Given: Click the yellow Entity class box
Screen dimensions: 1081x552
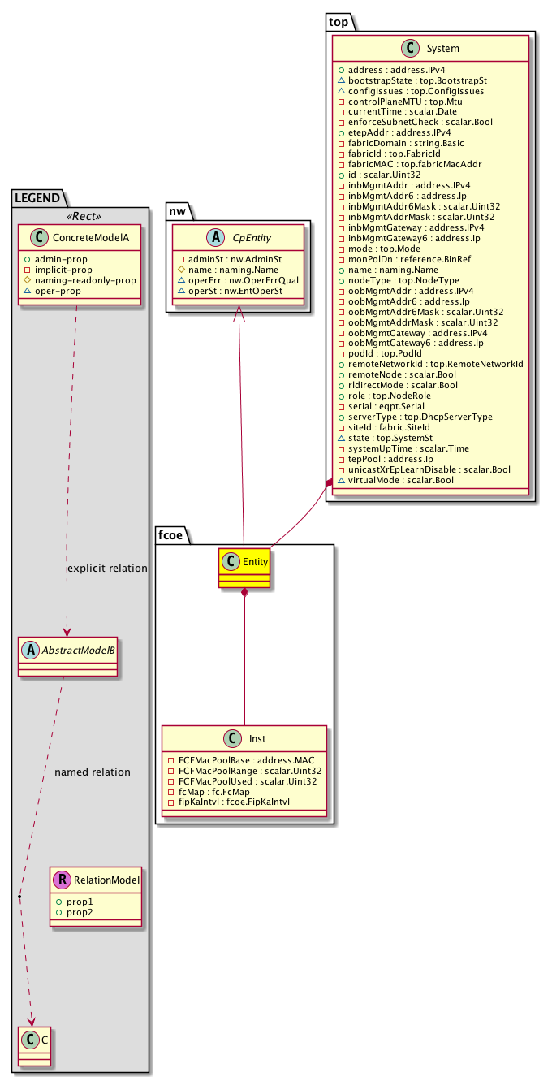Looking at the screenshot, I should (x=244, y=568).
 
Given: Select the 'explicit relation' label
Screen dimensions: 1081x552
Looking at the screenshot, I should (x=107, y=569).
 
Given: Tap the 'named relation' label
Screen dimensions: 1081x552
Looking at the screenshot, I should (x=93, y=772).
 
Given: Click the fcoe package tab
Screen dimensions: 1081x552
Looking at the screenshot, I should (x=171, y=534).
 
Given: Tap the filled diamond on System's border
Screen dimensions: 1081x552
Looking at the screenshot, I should (x=329, y=484).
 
